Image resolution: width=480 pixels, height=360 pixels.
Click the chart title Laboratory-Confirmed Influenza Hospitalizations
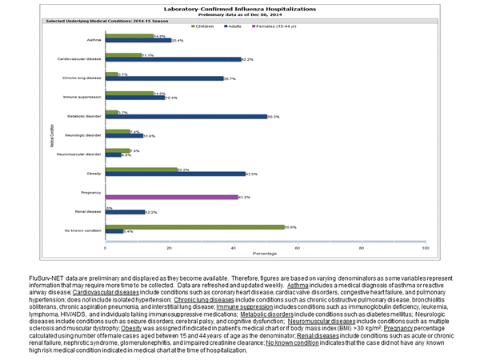pyautogui.click(x=240, y=7)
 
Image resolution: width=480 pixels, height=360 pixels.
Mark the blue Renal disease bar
pyautogui.click(x=125, y=212)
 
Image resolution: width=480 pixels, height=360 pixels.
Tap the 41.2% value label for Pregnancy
pyautogui.click(x=244, y=196)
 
